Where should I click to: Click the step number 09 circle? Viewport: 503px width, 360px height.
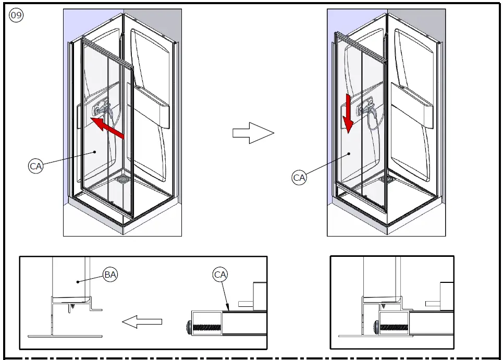pos(16,15)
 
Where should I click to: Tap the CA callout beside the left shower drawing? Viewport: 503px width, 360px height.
pos(35,166)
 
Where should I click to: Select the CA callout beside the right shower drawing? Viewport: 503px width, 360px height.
pos(299,177)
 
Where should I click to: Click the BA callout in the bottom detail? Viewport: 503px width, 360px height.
pos(110,275)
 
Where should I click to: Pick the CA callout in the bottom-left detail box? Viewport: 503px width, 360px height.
pos(220,275)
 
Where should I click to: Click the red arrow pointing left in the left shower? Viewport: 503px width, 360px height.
pos(107,128)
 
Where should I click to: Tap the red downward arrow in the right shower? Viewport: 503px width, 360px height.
pos(348,114)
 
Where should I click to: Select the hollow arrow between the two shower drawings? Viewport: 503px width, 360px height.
pos(253,133)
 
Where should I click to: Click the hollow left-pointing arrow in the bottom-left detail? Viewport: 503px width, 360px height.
pos(142,321)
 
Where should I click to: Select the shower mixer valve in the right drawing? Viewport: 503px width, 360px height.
pos(366,108)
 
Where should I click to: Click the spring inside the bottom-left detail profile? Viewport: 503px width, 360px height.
pos(207,328)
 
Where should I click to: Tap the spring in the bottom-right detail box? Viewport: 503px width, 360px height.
pos(394,328)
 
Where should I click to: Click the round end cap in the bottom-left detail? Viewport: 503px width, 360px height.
pos(189,328)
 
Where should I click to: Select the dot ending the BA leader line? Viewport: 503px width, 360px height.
pos(78,282)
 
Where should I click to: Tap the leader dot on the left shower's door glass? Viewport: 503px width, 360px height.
pos(95,152)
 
